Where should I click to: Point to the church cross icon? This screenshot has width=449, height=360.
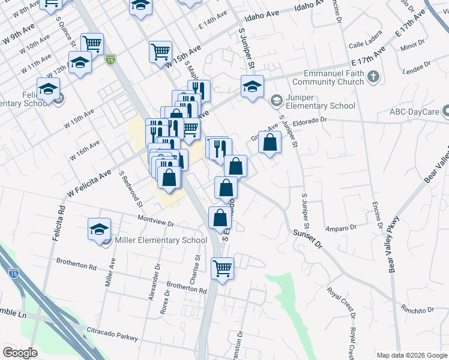coord(373,77)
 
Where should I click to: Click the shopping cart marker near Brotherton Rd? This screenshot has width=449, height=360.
coord(222,268)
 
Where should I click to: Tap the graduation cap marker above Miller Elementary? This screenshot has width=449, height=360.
coord(100,229)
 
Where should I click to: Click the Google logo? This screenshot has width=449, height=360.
coord(20,353)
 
